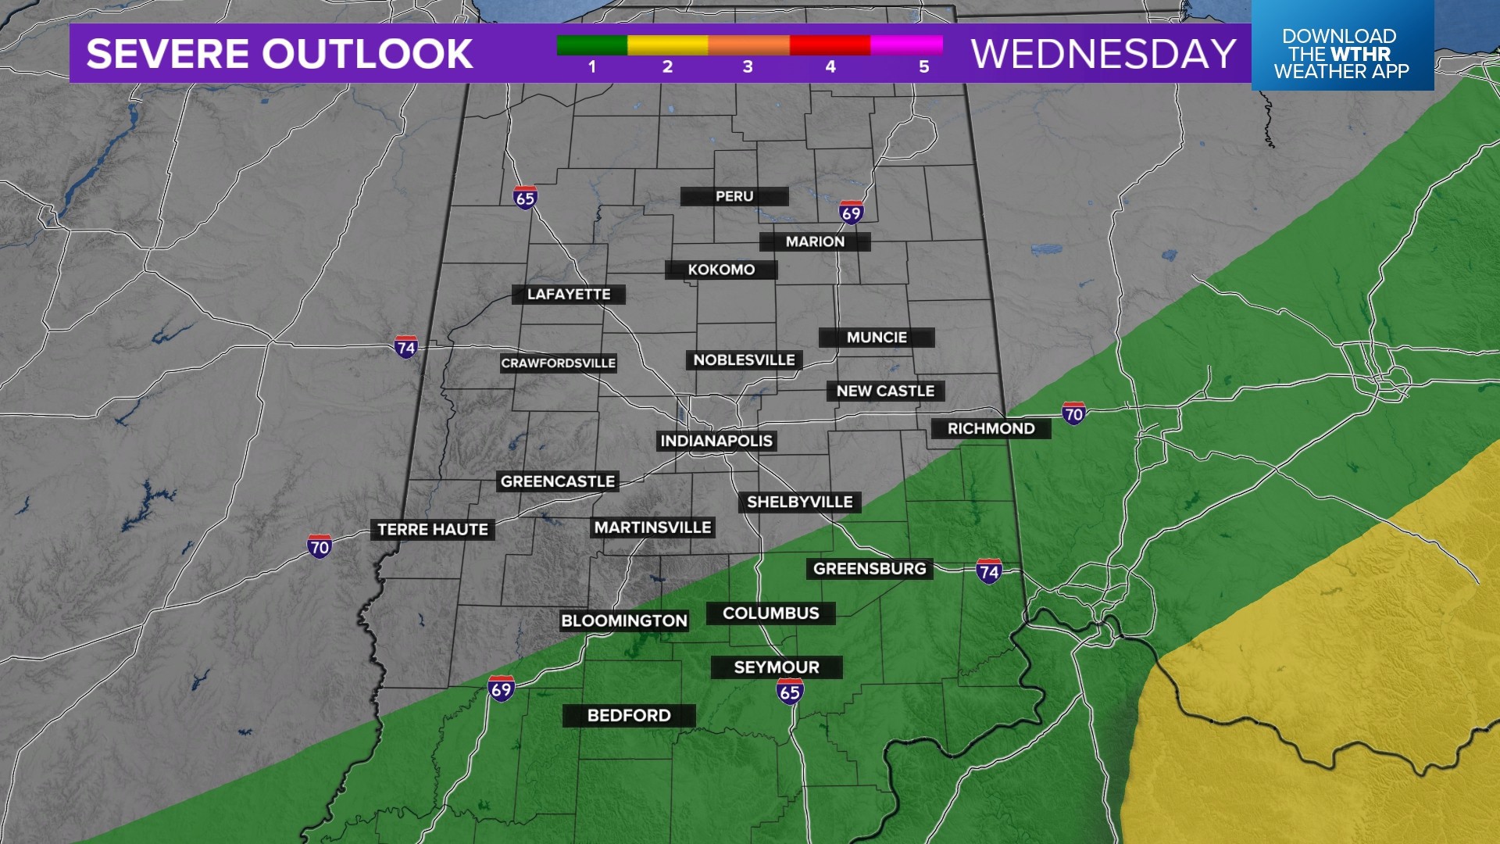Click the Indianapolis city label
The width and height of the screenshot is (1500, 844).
tap(716, 441)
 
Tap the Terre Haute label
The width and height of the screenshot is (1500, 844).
tap(432, 530)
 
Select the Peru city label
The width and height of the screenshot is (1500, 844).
tap(734, 196)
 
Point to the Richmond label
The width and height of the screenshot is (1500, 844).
tap(991, 428)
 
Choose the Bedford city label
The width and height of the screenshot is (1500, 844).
tap(629, 715)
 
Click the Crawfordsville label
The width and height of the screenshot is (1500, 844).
tap(558, 363)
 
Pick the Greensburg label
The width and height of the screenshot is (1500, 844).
tap(870, 568)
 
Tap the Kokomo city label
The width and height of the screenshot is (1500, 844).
tap(721, 270)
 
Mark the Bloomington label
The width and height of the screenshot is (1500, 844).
tap(624, 620)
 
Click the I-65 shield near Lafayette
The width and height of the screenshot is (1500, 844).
tap(525, 198)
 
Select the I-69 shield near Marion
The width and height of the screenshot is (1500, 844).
tap(851, 212)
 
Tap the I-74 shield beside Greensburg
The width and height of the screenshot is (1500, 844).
tap(989, 571)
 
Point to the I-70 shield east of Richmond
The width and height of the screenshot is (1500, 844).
tap(1073, 413)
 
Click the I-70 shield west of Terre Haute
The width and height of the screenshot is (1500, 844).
tap(320, 546)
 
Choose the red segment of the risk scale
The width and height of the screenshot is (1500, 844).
tap(830, 45)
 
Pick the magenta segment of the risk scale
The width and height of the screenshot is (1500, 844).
tap(906, 45)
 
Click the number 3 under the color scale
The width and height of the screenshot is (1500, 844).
tap(748, 67)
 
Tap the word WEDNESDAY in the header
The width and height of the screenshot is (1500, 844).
tap(1103, 54)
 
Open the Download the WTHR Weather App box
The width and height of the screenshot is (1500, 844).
tap(1341, 53)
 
